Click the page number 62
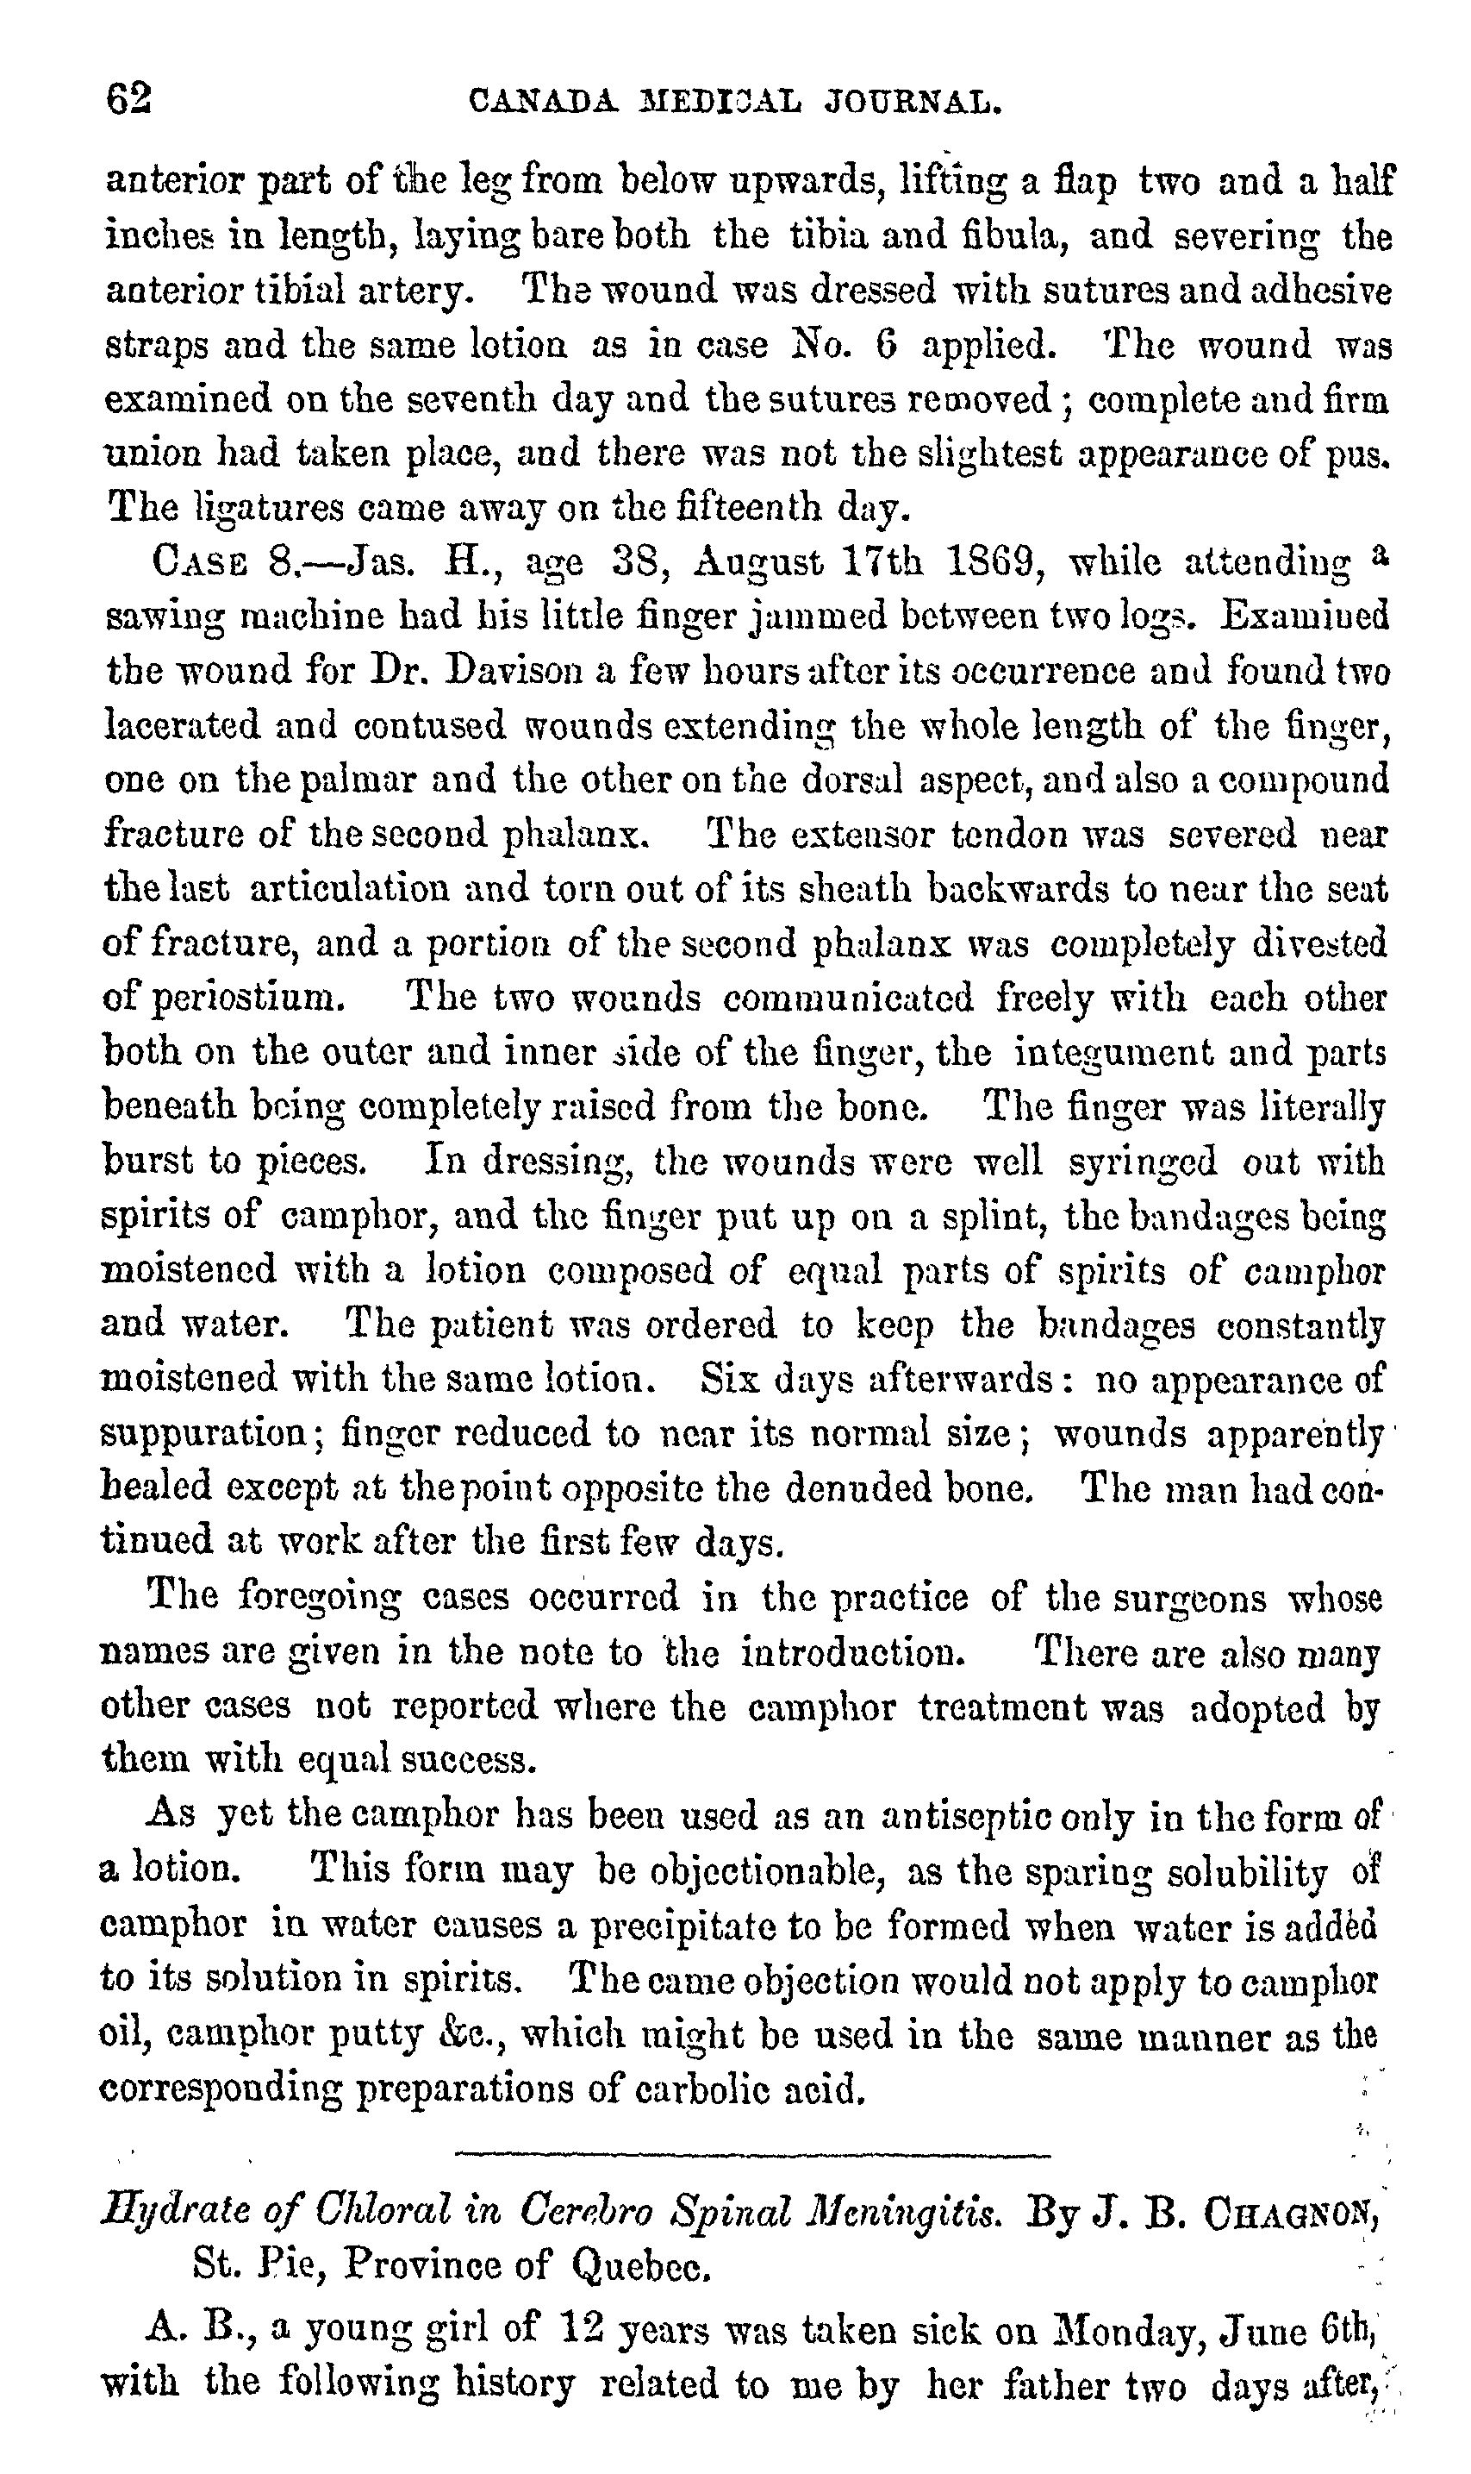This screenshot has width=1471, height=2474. click(129, 99)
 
